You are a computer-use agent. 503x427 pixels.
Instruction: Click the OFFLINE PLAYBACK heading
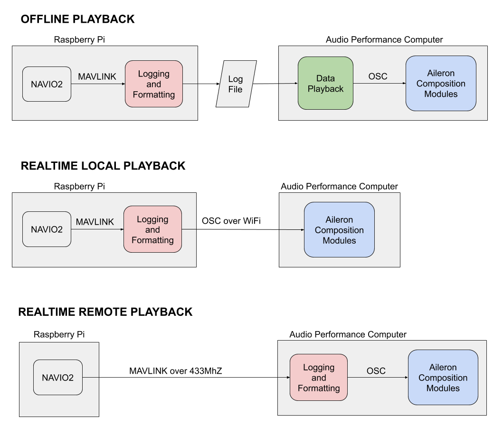(x=77, y=19)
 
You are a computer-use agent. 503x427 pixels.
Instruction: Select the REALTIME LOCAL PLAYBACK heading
(x=103, y=166)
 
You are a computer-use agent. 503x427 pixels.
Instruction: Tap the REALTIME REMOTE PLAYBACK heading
(x=105, y=312)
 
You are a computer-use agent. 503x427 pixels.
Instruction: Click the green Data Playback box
(x=326, y=84)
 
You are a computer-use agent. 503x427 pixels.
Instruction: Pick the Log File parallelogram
(x=236, y=84)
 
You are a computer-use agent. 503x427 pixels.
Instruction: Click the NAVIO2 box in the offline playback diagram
(x=47, y=84)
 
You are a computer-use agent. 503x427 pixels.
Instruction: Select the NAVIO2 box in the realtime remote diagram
(x=58, y=377)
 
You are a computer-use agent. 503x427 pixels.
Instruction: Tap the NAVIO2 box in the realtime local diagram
(x=47, y=229)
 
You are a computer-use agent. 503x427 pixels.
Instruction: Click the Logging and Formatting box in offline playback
(x=154, y=84)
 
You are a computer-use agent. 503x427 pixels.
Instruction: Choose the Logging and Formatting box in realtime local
(x=152, y=229)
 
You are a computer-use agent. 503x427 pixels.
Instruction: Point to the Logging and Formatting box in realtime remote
(x=319, y=377)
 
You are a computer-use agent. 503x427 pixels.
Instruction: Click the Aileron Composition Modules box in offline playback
(x=441, y=84)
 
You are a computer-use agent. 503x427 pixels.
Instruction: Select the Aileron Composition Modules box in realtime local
(x=340, y=230)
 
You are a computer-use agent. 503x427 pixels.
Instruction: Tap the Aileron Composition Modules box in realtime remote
(x=443, y=377)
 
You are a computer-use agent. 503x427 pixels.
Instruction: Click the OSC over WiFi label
(x=231, y=221)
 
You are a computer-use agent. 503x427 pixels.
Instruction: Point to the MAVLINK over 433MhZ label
(x=175, y=371)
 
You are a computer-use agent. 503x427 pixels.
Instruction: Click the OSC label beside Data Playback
(x=378, y=76)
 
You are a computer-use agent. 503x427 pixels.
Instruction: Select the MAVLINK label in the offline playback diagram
(x=97, y=76)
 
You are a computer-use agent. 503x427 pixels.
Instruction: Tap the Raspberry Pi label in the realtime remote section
(x=59, y=334)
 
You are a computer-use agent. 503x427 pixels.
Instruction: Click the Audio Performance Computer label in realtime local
(x=340, y=186)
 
